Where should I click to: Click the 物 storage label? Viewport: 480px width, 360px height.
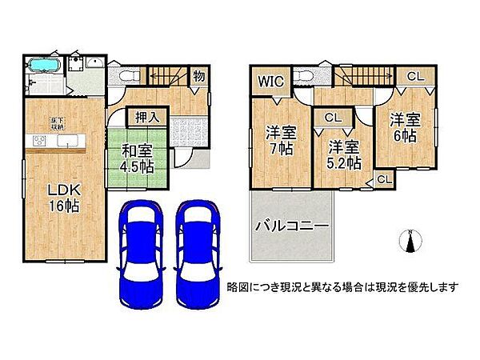(x=197, y=77)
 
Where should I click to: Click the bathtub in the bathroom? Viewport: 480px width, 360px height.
(x=43, y=66)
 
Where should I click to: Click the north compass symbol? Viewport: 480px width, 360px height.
(x=410, y=241)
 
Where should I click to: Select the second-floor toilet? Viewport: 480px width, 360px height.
(x=302, y=78)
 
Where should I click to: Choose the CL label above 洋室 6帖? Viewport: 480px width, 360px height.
(x=415, y=77)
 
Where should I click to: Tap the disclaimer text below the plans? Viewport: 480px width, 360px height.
(x=342, y=287)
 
